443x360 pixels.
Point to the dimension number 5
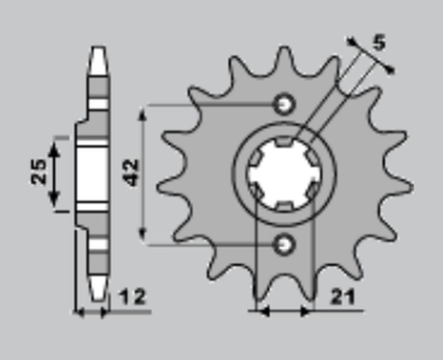(x=380, y=39)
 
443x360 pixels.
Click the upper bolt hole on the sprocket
(x=284, y=104)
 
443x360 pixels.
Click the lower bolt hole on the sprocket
(x=284, y=245)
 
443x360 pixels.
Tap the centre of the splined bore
(x=284, y=174)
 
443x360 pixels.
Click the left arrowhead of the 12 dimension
(x=80, y=312)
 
